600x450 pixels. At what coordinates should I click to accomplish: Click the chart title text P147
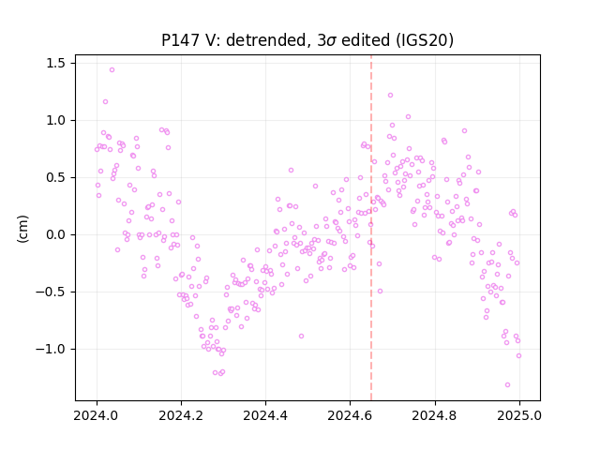point(180,40)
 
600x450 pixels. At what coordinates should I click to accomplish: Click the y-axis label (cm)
point(22,229)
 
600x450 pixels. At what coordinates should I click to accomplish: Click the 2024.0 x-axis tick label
point(97,415)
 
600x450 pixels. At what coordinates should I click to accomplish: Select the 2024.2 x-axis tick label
point(181,415)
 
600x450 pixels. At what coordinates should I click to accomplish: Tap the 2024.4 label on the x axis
point(265,415)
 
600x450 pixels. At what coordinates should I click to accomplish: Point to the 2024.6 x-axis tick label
point(350,415)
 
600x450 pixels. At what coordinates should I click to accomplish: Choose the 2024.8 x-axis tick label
point(435,415)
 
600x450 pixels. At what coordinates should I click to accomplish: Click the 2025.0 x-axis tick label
point(519,415)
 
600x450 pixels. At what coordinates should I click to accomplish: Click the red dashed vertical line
point(371,228)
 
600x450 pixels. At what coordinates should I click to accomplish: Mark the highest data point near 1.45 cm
point(112,70)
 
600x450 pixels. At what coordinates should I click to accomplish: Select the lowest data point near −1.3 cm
point(507,385)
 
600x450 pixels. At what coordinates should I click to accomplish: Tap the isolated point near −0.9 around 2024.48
point(302,336)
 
